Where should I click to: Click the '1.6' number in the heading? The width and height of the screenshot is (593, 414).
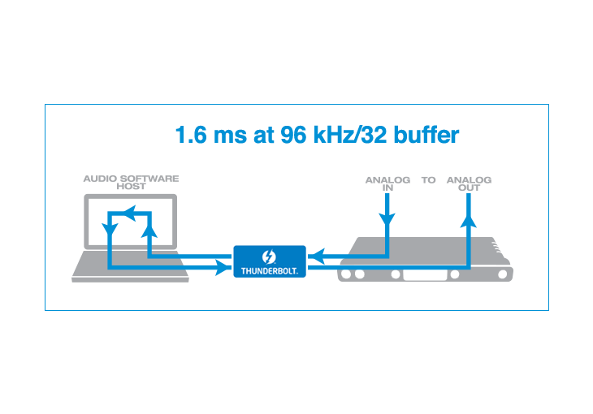192,135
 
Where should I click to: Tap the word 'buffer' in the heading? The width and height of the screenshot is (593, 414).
426,135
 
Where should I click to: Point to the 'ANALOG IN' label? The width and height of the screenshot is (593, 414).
387,183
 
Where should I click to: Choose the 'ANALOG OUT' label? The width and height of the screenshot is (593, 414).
469,183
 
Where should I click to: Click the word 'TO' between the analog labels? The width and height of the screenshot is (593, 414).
428,179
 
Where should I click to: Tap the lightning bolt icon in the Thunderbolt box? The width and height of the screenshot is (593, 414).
270,255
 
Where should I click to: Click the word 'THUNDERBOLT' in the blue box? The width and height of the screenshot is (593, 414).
270,269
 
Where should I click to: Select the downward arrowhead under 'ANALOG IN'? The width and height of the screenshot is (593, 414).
387,219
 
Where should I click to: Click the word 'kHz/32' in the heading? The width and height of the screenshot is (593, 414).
351,135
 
